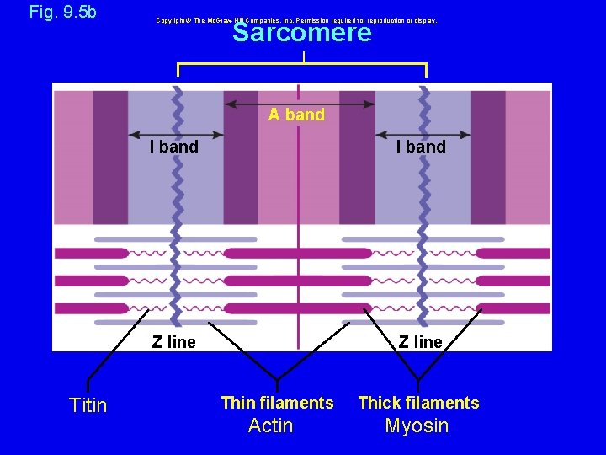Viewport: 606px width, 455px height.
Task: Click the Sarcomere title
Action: pos(301,33)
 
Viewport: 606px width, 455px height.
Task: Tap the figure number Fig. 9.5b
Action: pos(63,12)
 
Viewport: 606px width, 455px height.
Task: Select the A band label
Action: pos(296,115)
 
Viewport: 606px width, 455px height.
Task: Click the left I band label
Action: pos(174,147)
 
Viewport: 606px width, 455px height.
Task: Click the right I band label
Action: pos(422,147)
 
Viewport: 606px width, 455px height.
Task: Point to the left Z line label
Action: pos(173,342)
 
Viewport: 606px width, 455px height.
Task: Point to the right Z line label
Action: pos(421,342)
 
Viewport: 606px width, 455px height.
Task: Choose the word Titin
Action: pos(88,405)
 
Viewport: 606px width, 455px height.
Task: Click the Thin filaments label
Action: pos(277,403)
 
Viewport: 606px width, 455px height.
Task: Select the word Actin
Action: pos(271,426)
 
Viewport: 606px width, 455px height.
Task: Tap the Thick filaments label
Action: pos(418,403)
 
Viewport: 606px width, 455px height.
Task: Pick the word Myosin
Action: pos(417,426)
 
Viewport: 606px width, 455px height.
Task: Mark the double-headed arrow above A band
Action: pos(299,104)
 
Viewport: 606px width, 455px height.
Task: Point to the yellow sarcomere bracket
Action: pos(301,64)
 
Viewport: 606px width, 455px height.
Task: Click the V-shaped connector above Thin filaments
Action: pos(277,362)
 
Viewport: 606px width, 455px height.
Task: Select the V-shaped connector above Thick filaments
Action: pos(418,362)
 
